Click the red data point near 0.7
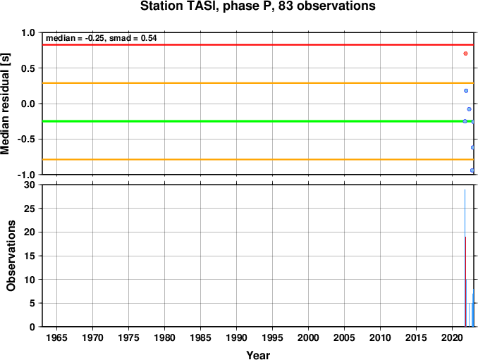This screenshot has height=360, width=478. (465, 54)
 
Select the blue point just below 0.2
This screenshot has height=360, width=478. (466, 91)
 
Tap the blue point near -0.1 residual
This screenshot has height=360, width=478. (469, 109)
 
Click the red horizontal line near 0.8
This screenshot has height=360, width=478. (258, 45)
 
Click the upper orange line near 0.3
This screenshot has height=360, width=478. (258, 83)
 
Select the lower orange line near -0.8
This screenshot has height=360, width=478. (258, 159)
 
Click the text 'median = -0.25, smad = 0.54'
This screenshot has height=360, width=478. (102, 38)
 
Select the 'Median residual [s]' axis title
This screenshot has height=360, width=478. (5, 104)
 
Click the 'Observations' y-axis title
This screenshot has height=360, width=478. (11, 256)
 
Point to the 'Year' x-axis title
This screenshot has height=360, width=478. (258, 355)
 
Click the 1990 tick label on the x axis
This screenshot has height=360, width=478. (237, 337)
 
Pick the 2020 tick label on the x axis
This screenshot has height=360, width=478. (452, 337)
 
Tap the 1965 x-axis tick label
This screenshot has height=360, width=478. (56, 337)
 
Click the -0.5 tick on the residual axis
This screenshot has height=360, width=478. (26, 139)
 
